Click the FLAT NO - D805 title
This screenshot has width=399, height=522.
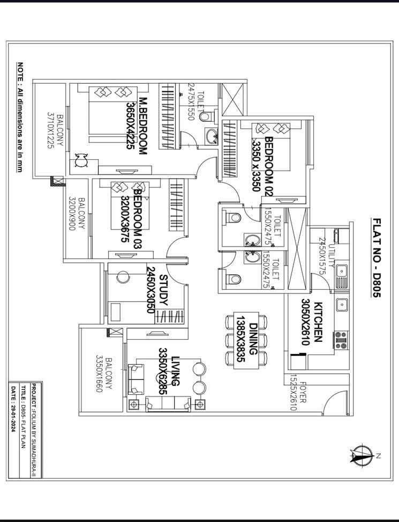pyautogui.click(x=377, y=258)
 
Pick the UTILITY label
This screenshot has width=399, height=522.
pyautogui.click(x=332, y=255)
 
